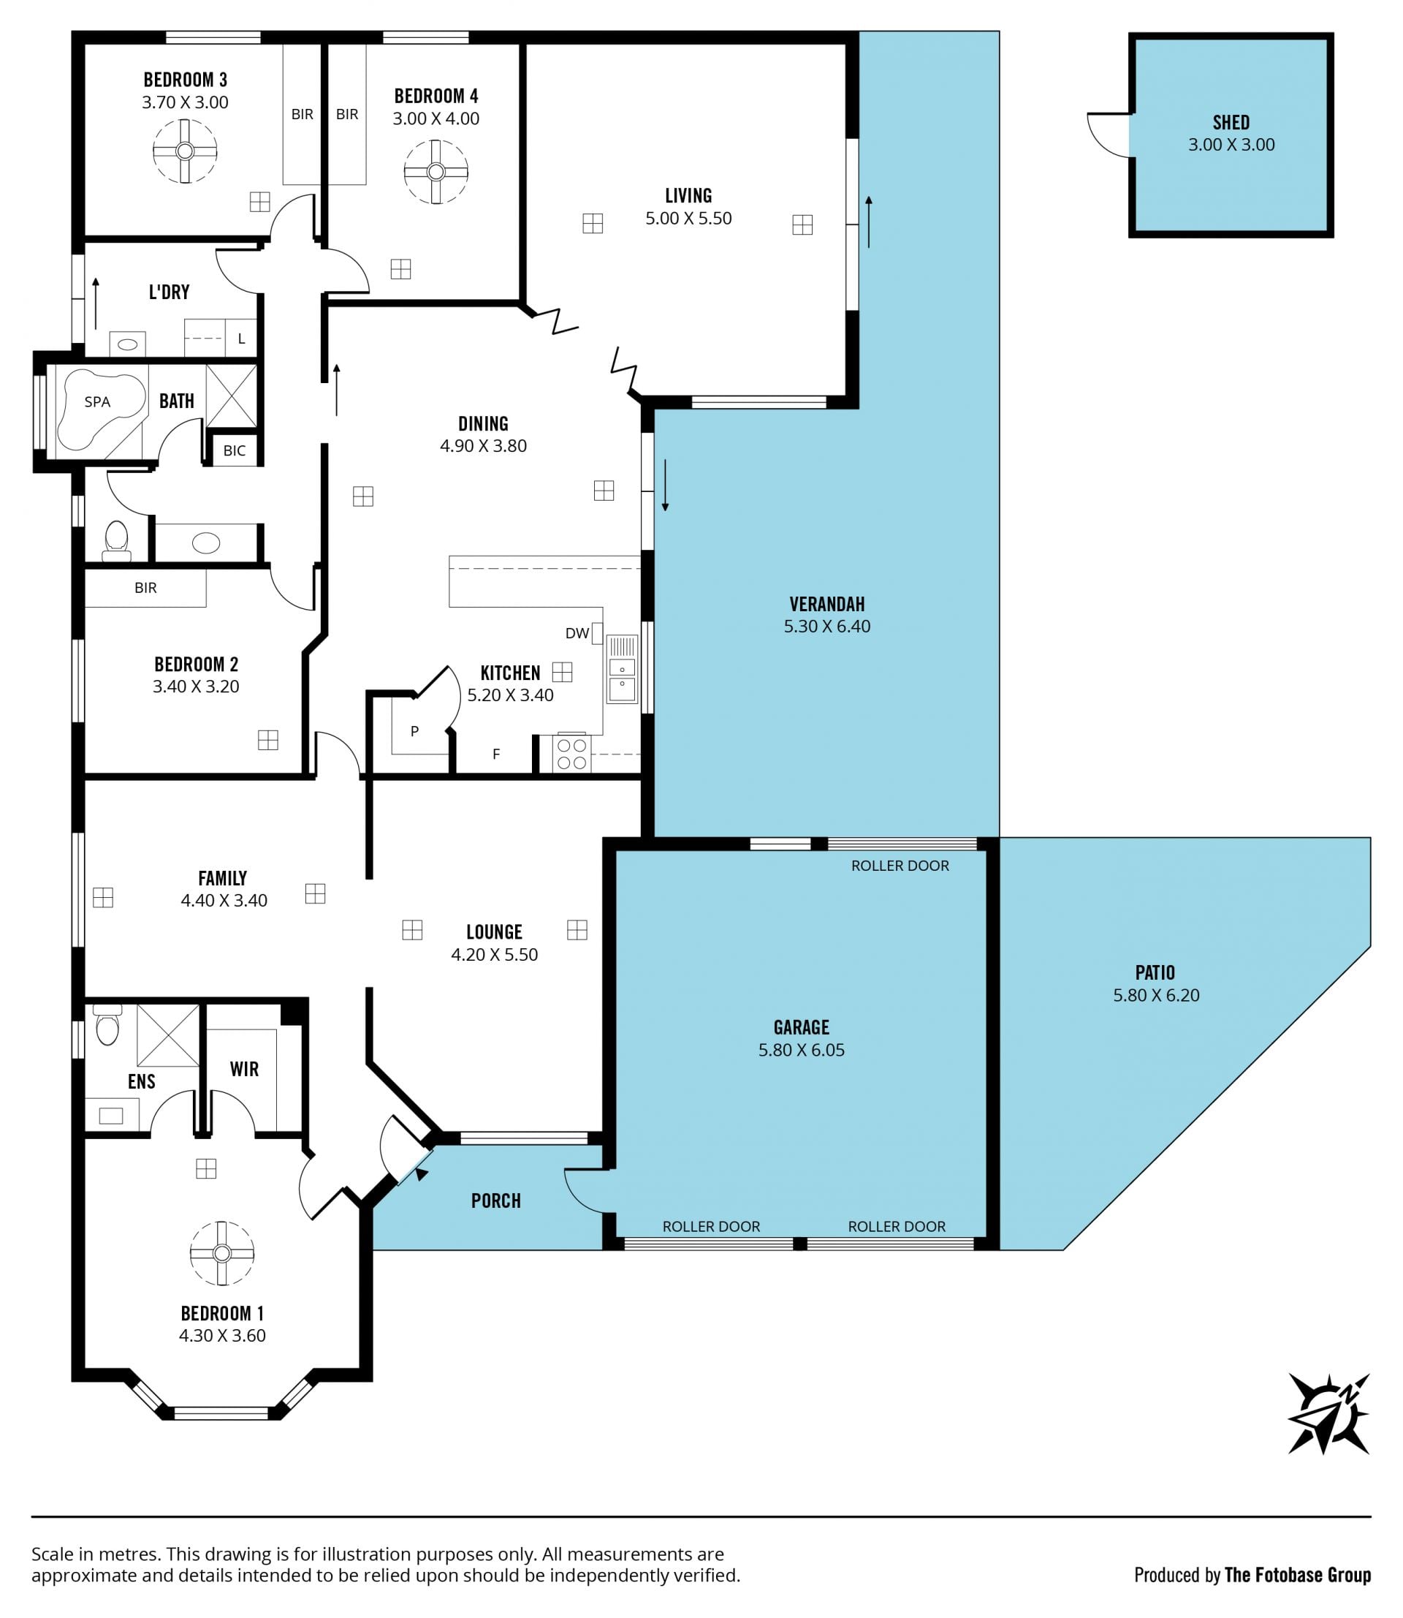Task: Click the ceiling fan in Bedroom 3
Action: tap(185, 151)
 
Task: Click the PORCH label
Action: tap(495, 1201)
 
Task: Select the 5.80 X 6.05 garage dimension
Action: tap(801, 1050)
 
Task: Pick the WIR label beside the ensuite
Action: tap(244, 1069)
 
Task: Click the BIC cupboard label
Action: tap(234, 450)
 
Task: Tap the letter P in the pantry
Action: tap(415, 730)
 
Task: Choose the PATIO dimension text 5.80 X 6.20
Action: tap(1155, 995)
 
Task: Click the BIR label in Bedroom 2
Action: tap(145, 587)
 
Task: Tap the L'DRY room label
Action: tap(169, 292)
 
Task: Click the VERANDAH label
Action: tap(826, 604)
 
